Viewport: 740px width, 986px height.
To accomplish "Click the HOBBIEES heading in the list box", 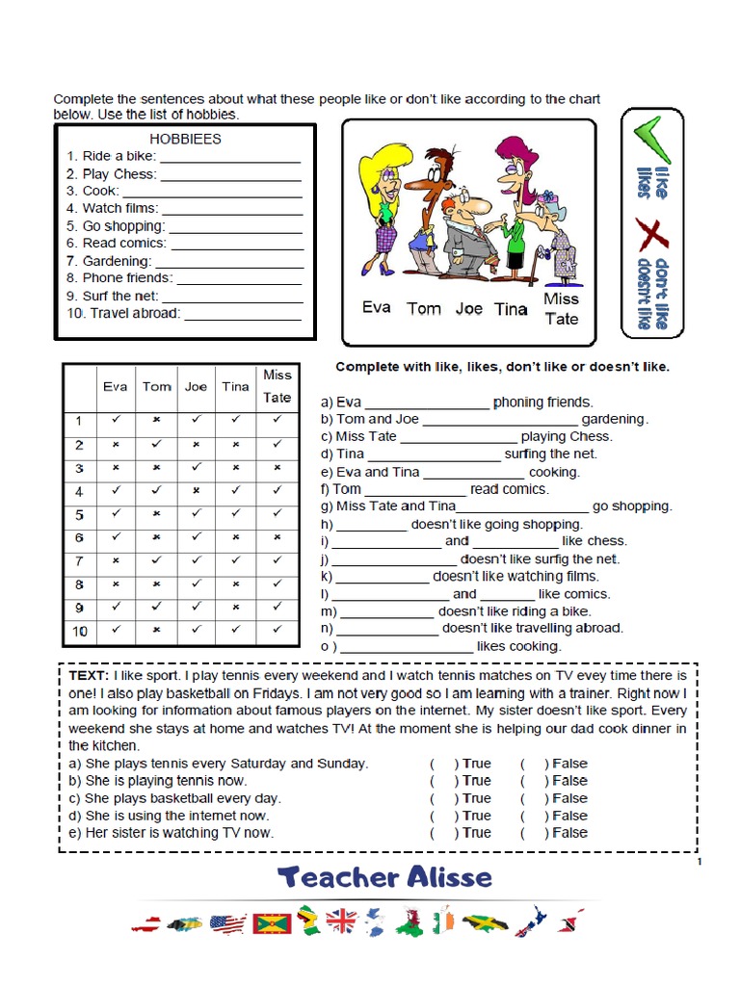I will [185, 139].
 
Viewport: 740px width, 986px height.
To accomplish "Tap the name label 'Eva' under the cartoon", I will [376, 308].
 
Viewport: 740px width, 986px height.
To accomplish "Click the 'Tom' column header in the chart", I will [156, 387].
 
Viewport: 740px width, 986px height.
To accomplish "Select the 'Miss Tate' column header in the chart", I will [277, 386].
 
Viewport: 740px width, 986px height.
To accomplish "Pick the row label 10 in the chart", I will [80, 631].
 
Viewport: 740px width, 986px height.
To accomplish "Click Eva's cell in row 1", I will [116, 421].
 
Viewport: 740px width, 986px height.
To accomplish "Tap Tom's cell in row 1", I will [156, 421].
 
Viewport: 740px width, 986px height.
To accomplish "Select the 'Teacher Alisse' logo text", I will [384, 877].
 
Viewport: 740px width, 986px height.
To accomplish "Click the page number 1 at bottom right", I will [698, 862].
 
